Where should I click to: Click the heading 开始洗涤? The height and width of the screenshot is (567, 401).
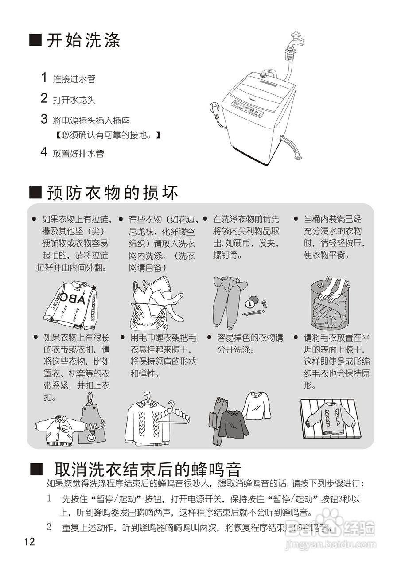[x=83, y=41]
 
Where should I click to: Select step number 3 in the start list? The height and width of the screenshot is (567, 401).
[x=44, y=119]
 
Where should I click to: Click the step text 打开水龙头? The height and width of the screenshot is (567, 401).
[x=74, y=100]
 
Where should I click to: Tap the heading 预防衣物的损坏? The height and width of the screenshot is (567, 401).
[x=112, y=193]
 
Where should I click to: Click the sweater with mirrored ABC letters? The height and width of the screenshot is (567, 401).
[x=71, y=304]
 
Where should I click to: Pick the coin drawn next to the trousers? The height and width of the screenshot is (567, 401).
[x=251, y=304]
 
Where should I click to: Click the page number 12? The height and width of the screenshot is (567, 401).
[x=30, y=541]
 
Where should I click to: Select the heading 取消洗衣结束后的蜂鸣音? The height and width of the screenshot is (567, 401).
[x=148, y=469]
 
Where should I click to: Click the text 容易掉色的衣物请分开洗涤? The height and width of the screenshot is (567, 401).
[x=250, y=344]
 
